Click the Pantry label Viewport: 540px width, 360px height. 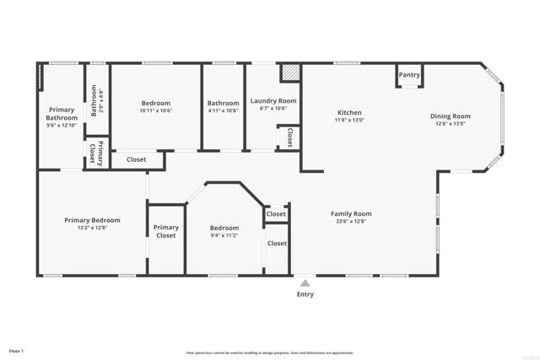pos(409,75)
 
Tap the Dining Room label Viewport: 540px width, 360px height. pos(451,116)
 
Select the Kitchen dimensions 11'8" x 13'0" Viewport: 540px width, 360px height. pos(350,121)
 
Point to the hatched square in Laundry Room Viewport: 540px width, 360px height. pos(290,73)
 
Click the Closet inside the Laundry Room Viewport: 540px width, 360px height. pos(289,137)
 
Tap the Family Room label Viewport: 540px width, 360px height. pos(351,213)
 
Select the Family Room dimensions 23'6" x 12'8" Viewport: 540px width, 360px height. pos(351,221)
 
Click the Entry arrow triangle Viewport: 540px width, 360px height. pos(305,282)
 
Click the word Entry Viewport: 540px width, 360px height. pos(305,294)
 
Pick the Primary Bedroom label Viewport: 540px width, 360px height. pos(93,220)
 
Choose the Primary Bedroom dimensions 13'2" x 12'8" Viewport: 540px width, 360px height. pos(93,228)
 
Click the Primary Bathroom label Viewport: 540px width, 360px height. pos(62,114)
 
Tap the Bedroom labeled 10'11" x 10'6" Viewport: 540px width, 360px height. pos(156,103)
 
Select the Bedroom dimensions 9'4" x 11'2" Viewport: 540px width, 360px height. pos(224,235)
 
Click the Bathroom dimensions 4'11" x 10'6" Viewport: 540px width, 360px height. pos(224,110)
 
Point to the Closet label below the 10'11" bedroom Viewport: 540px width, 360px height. pos(136,159)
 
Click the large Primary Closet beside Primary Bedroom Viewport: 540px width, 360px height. pos(166,231)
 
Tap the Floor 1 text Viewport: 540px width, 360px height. pos(16,350)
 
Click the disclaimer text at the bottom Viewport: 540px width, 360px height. pos(270,352)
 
